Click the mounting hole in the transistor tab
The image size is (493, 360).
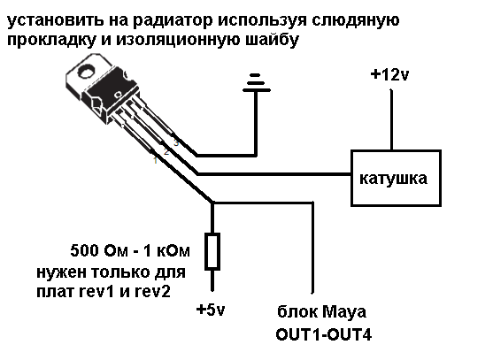pos(86,72)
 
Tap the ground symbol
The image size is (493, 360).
pos(257,83)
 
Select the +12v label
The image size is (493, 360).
pos(389,75)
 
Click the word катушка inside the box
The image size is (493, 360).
pos(393,179)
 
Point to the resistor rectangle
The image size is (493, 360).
pos(212,251)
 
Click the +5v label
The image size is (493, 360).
pos(211,310)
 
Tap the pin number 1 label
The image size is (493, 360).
pos(155,160)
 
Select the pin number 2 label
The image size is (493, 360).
pos(166,152)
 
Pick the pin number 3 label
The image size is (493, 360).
pos(176,142)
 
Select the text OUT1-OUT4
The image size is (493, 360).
pos(324,335)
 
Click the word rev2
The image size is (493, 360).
pos(152,292)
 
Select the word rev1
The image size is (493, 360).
pos(96,292)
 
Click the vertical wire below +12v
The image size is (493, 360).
pos(391,120)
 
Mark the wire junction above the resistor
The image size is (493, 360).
pos(212,203)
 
